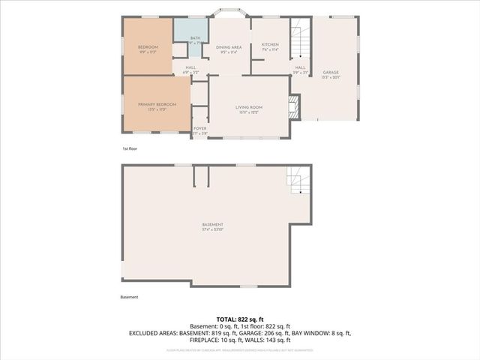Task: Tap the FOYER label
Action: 199,128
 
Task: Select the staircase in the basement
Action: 297,180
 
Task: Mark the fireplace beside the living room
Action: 295,106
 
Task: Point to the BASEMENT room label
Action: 212,225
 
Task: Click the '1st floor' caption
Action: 130,148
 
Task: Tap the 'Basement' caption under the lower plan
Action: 129,297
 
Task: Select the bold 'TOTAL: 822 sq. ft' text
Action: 240,319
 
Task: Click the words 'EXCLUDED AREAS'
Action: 154,332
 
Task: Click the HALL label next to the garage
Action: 300,67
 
